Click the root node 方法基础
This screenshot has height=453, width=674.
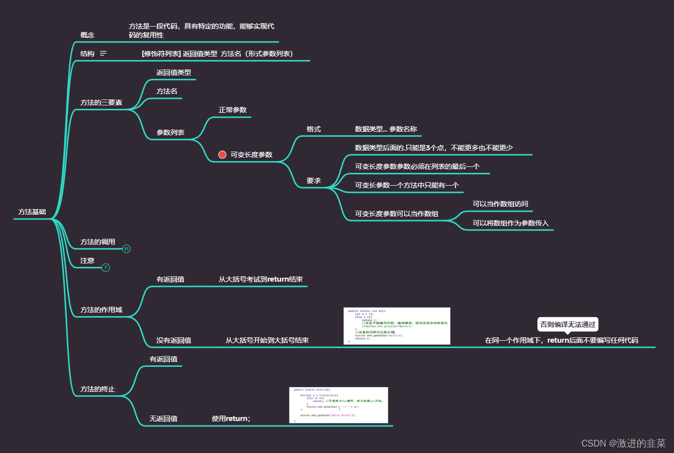[32, 212]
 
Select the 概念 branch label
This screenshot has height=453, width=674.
[88, 35]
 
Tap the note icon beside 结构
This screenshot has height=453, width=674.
[103, 54]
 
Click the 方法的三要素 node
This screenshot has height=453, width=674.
[101, 102]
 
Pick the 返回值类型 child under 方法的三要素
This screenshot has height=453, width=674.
[174, 72]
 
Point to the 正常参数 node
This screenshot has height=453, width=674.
[233, 110]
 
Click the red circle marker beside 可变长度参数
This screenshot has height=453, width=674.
[222, 155]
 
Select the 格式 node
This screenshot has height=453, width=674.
[314, 129]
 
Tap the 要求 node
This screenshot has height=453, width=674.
[314, 181]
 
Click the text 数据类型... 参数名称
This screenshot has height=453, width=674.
[386, 129]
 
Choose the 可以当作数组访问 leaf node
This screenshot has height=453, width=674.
[500, 204]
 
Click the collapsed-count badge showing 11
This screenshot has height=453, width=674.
[126, 249]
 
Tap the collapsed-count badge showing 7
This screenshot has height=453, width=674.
[106, 268]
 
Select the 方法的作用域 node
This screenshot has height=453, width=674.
[101, 310]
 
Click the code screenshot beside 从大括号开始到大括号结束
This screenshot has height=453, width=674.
[397, 326]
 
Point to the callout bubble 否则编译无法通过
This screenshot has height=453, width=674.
[568, 324]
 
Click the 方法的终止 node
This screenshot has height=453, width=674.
[98, 389]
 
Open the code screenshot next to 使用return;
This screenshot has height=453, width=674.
[339, 405]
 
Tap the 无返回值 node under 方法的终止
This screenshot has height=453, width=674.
[164, 419]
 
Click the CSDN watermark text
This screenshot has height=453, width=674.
[623, 443]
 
